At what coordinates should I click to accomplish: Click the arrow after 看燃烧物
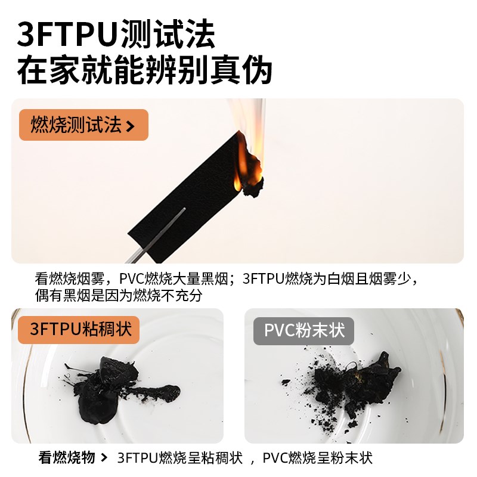pos(104,458)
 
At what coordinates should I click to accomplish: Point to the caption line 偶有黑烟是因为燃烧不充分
pos(123,295)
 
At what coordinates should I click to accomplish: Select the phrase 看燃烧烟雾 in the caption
pos(70,279)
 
